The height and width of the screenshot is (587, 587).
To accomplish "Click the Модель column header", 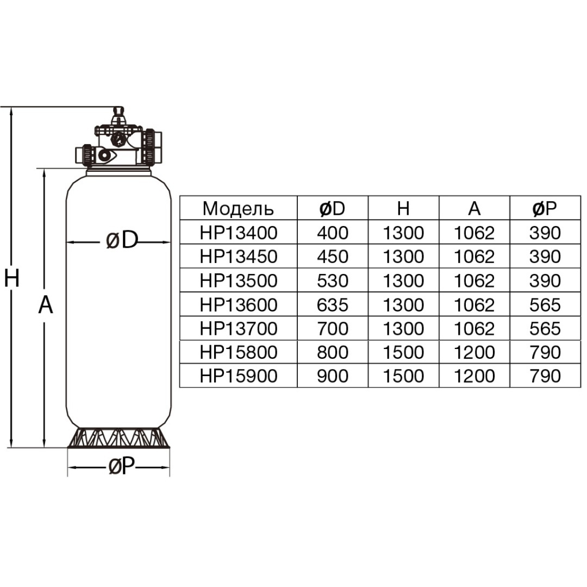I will click(238, 209).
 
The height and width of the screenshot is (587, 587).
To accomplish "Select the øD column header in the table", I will click(332, 209).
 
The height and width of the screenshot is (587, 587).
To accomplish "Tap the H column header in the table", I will click(403, 209).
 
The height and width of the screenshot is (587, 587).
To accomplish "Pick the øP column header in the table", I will click(544, 209).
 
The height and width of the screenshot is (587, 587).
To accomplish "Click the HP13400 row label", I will click(238, 233).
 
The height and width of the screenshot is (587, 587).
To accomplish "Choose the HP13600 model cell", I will click(238, 305).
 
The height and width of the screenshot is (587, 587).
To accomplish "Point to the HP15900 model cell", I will click(238, 377).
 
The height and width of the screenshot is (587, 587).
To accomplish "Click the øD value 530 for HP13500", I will click(332, 281).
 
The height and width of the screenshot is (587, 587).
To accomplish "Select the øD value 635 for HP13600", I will click(332, 305).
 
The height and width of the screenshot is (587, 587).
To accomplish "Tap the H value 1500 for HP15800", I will click(403, 353).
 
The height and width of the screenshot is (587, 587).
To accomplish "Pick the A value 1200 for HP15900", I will click(474, 377).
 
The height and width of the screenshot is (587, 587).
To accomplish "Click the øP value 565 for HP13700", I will click(544, 329).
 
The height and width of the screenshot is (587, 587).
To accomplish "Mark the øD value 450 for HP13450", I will click(332, 257).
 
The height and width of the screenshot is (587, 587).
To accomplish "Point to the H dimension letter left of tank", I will click(11, 278).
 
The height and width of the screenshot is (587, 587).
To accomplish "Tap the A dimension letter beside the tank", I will click(46, 305).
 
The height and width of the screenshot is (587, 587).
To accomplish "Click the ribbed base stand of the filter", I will click(118, 438).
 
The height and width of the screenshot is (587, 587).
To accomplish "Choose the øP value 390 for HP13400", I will click(544, 233).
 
